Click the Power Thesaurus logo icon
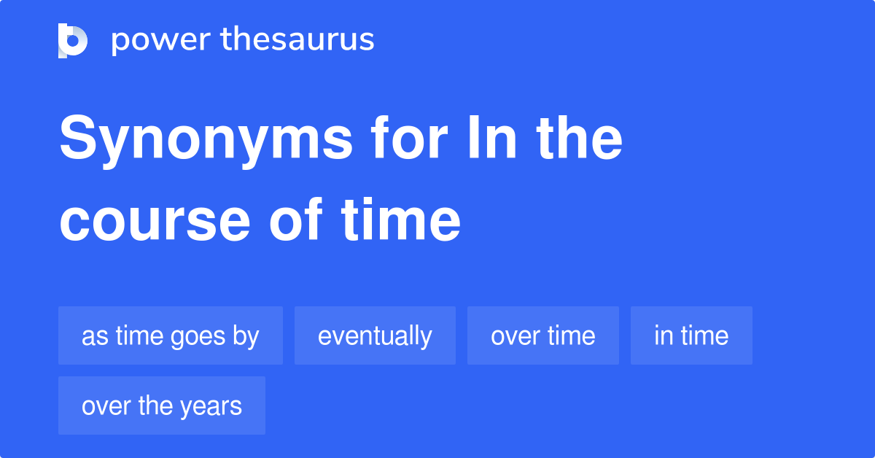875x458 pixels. [x=73, y=40]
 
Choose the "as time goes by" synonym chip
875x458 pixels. [x=170, y=335]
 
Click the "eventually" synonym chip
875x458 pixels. [x=375, y=335]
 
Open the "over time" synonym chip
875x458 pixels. [x=542, y=335]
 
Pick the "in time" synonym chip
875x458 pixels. [x=691, y=335]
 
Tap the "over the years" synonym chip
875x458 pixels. [x=161, y=405]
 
